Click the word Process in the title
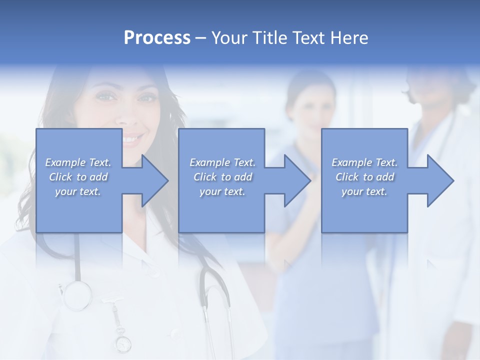click(157, 38)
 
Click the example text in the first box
click(78, 177)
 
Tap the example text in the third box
click(364, 177)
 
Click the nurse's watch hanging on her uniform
click(123, 343)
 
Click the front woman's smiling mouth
click(132, 138)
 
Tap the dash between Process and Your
click(201, 38)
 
